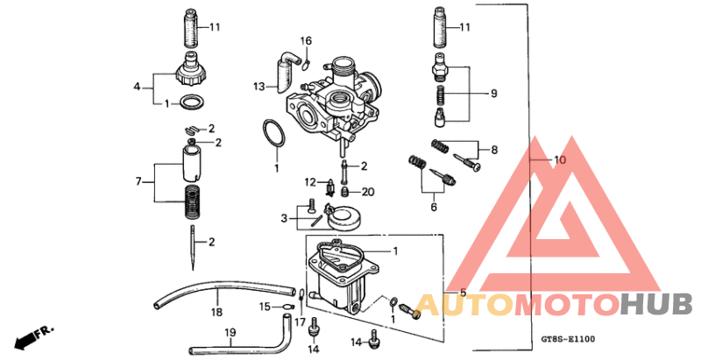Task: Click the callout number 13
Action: [258, 87]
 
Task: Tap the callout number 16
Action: [306, 41]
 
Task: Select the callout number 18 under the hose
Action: [216, 311]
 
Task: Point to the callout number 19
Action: [229, 332]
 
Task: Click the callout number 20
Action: [368, 192]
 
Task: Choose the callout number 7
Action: [138, 181]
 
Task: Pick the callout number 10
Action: [560, 160]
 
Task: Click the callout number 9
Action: [492, 93]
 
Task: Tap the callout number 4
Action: [137, 87]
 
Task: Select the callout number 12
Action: [311, 182]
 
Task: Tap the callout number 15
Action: [264, 307]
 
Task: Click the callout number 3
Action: [284, 217]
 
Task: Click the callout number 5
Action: [463, 292]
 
